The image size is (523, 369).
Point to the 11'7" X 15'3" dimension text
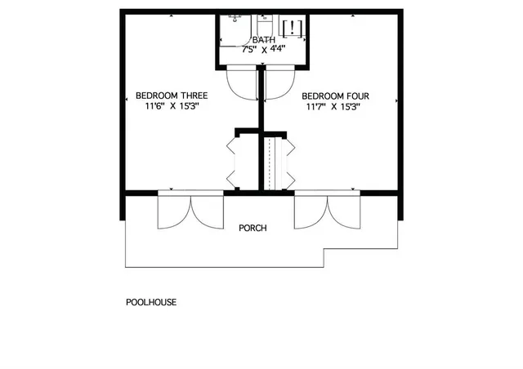click(x=336, y=106)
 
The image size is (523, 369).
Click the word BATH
click(x=263, y=40)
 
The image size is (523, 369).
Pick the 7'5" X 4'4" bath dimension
click(x=263, y=50)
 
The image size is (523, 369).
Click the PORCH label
click(x=253, y=228)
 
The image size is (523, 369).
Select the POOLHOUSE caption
click(x=151, y=302)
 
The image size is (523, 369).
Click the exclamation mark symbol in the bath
click(x=293, y=26)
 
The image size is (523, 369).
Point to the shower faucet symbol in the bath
click(x=235, y=17)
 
